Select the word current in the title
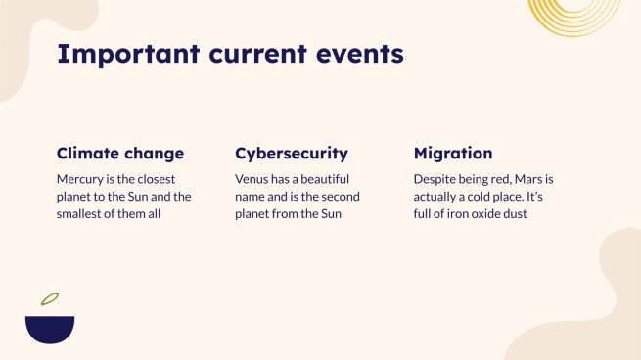click(251, 54)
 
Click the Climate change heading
click(120, 154)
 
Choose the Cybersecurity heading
click(292, 154)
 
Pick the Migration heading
click(453, 154)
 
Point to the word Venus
click(253, 180)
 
